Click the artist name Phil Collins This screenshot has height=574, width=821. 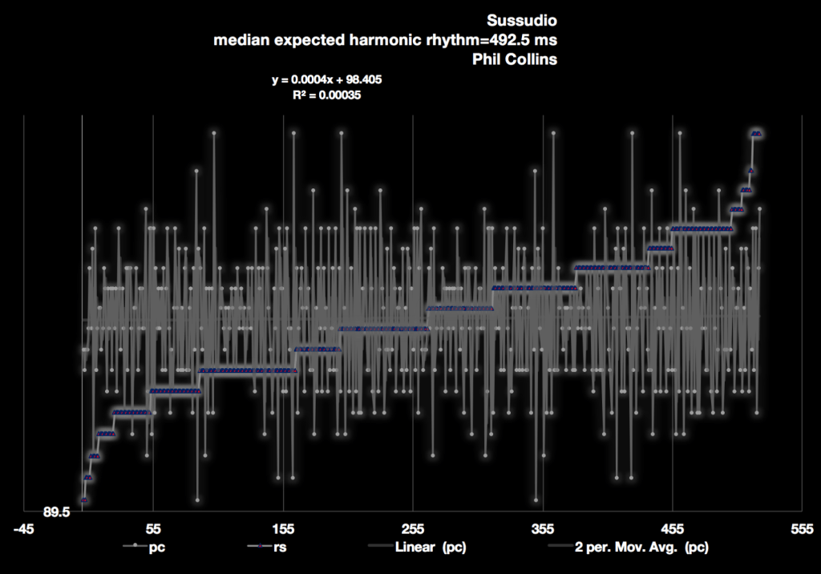click(x=513, y=59)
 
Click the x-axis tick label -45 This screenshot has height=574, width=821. click(x=24, y=530)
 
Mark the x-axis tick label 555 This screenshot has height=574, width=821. click(x=802, y=530)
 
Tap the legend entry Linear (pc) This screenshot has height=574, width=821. click(x=431, y=548)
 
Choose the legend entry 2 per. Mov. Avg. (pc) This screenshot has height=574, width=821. click(x=641, y=548)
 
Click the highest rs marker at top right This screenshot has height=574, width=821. click(x=756, y=133)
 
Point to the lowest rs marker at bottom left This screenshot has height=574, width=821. click(x=83, y=500)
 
